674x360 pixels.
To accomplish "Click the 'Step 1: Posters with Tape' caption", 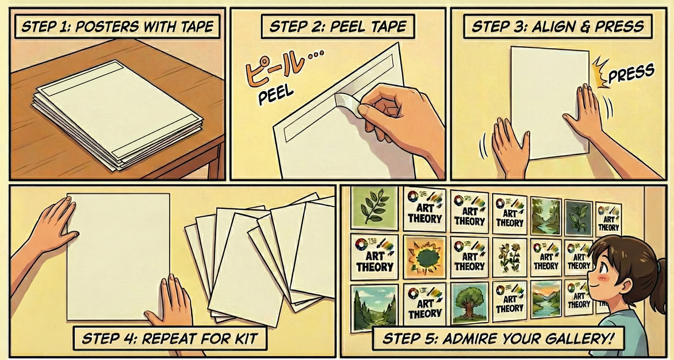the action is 118,27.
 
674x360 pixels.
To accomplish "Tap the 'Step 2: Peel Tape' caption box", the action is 338,27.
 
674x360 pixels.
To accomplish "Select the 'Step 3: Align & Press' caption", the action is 558,27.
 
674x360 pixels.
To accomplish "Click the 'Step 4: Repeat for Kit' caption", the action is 170,339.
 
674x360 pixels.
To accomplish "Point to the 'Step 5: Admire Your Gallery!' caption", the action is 498,339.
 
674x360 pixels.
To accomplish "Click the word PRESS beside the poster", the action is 631,73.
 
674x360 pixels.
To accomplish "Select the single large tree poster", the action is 469,303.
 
